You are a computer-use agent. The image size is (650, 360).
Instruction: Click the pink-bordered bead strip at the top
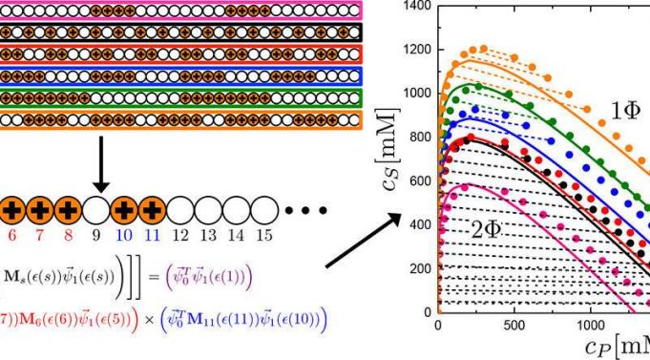181,11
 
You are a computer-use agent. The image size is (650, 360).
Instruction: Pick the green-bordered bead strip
181,98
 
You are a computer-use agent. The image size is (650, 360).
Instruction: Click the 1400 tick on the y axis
416,7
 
